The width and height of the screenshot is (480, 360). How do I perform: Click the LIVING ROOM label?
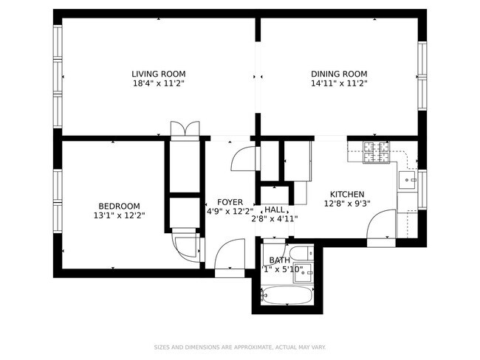158,74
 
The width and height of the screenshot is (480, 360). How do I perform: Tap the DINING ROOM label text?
338,74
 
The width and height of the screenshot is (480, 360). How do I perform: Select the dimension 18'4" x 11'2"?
158,83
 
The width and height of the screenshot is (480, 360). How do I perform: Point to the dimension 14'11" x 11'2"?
338,83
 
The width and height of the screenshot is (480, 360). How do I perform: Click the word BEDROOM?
119,206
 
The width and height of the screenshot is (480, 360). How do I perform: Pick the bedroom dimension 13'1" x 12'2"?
119,215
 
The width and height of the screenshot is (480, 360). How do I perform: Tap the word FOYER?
230,202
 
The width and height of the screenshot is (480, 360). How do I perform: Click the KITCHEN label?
347,194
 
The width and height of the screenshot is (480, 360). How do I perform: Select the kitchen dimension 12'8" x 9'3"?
347,204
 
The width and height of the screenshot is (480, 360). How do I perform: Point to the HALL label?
275,210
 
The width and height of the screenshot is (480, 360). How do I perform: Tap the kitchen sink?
407,179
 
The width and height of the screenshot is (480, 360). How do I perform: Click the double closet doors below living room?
184,129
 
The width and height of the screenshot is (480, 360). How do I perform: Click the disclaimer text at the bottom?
240,347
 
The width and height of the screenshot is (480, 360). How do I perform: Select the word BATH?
279,260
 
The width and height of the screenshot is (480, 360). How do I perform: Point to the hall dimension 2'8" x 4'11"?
274,219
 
